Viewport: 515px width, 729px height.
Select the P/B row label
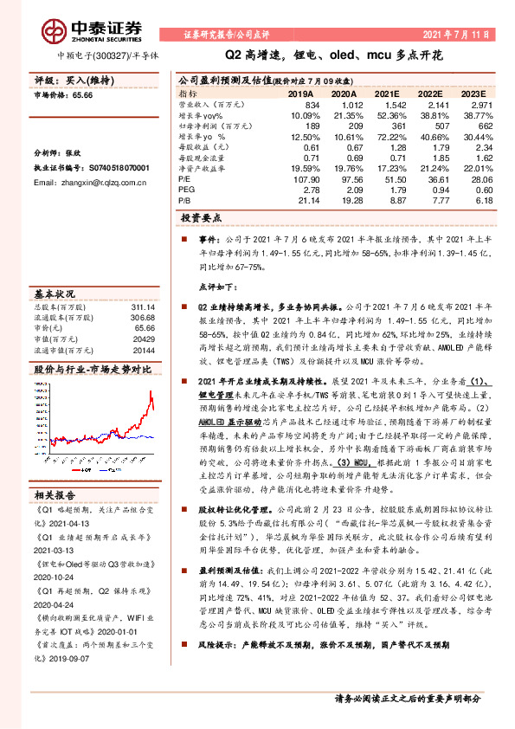[185, 199]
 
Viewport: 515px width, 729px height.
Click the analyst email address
[93, 184]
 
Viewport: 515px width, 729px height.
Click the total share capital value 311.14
[143, 306]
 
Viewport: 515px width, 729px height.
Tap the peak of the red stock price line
[151, 391]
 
